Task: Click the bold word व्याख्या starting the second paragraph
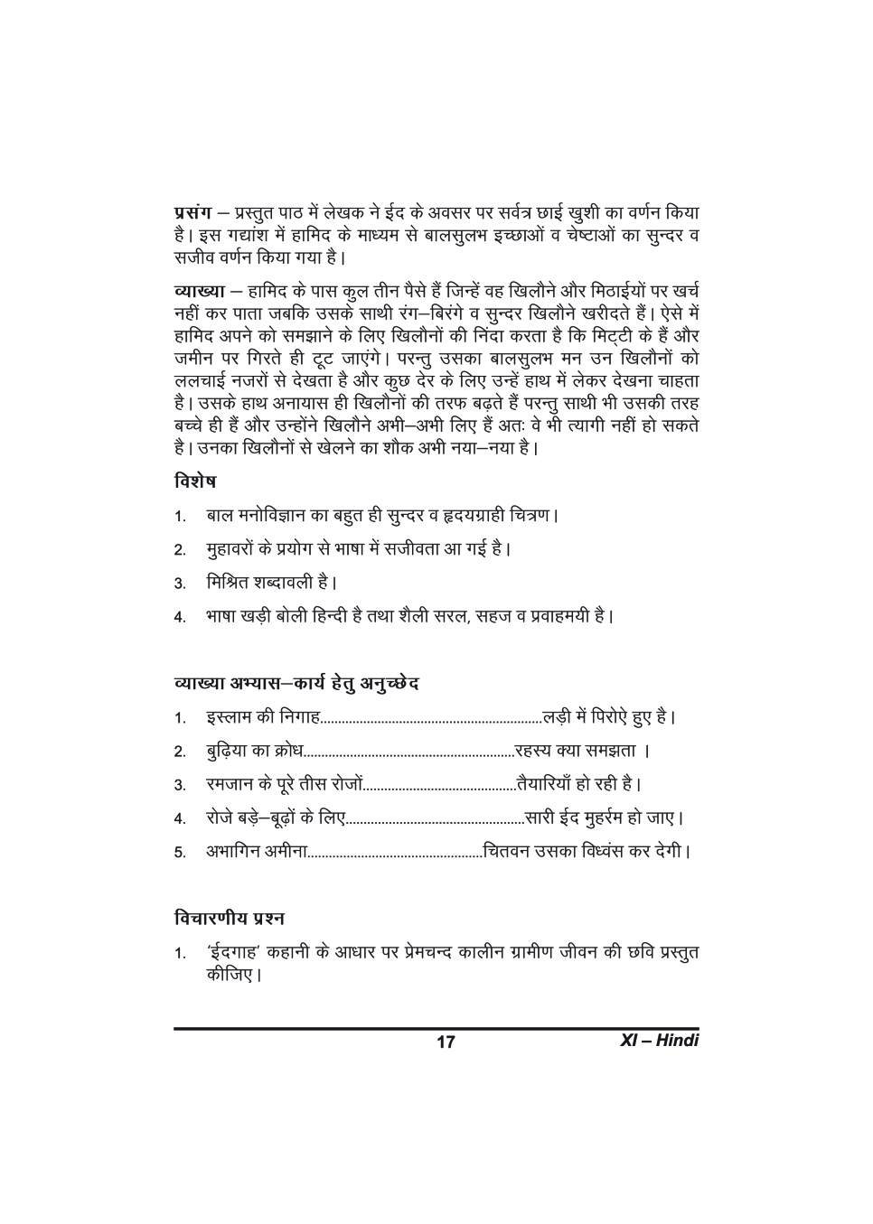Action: coord(196,291)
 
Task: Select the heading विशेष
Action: coord(194,481)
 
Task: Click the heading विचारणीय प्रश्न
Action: coord(230,918)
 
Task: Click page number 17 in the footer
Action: coord(446,1042)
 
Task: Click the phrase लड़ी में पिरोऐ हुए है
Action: coord(607,718)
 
